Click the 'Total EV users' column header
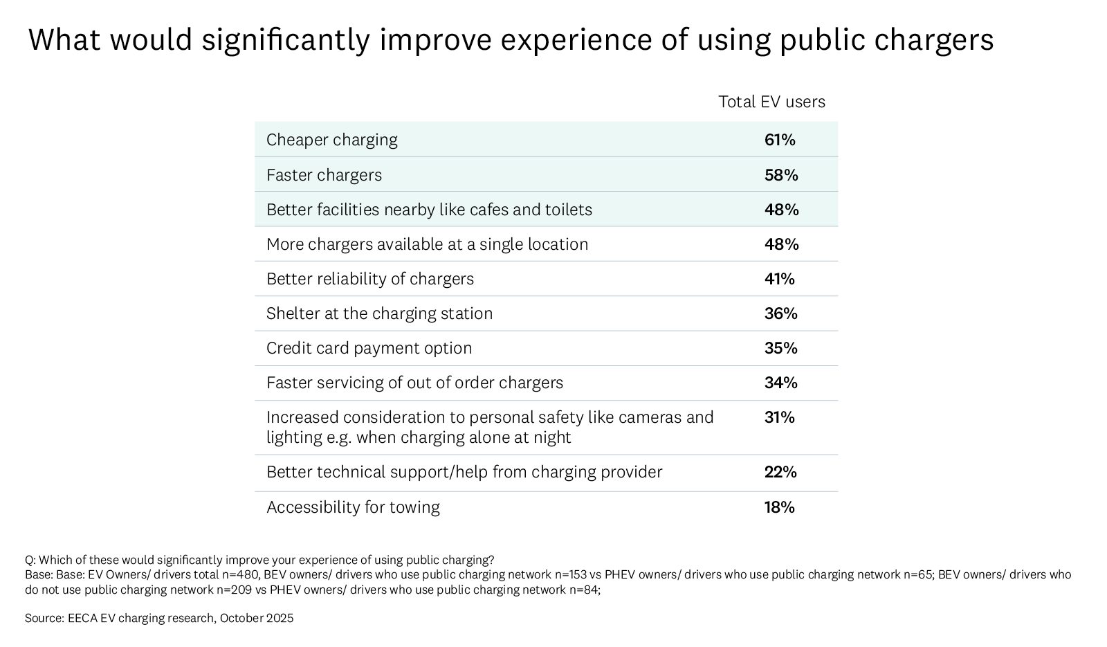coord(771,102)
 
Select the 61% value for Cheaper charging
coord(780,140)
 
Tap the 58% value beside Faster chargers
coord(781,175)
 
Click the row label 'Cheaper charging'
coord(332,140)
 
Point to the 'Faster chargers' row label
coord(324,175)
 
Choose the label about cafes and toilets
coord(429,210)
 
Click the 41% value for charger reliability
coord(780,279)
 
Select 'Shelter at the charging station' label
coord(379,313)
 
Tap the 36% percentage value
coord(781,313)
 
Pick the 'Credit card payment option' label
coord(369,348)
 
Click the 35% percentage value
coord(781,348)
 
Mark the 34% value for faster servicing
coord(781,383)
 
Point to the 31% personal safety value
coord(780,417)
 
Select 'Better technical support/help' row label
coord(464,472)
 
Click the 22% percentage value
coord(781,472)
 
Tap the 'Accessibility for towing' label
coord(353,507)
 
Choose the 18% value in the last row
coord(780,507)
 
